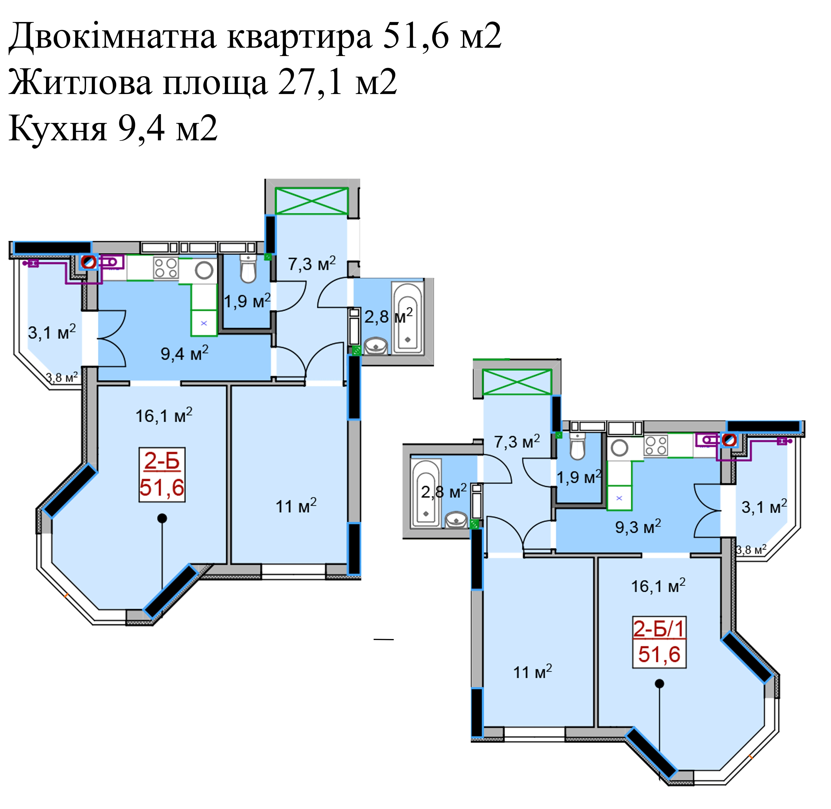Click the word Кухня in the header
[x=57, y=128]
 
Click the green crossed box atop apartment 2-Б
[x=312, y=201]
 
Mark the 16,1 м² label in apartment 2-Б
[x=164, y=415]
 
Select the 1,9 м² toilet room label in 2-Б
[x=247, y=301]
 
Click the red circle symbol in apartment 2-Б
[x=89, y=262]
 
